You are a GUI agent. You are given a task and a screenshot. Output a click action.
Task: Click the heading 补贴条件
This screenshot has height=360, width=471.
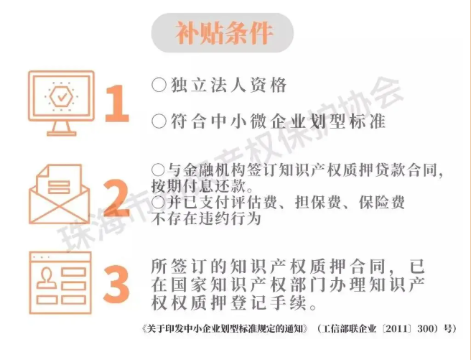tap(224, 33)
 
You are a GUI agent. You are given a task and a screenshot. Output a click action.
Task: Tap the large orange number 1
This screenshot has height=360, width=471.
tap(117, 103)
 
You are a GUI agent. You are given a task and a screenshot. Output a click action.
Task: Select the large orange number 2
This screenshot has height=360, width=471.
tap(116, 198)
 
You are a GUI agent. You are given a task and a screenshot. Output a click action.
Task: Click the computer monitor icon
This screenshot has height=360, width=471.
tap(61, 103)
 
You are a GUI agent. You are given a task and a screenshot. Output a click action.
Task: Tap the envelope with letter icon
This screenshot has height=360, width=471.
tap(60, 194)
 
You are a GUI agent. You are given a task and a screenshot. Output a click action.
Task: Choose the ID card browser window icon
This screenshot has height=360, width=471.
tap(60, 283)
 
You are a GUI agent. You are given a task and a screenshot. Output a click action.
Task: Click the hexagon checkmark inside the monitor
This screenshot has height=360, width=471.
tap(62, 96)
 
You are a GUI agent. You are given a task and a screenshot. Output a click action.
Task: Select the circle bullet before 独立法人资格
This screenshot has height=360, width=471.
tap(159, 85)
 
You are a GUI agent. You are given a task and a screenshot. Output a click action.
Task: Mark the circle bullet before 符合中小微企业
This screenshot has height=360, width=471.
tap(159, 121)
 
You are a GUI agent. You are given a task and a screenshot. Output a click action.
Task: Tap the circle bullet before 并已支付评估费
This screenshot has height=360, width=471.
tap(158, 202)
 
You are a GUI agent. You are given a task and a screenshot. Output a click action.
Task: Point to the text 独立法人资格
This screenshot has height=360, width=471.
tap(228, 85)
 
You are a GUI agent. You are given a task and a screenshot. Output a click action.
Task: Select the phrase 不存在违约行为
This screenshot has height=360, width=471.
tap(206, 218)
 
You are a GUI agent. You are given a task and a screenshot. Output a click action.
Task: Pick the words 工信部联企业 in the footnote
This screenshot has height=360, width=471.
tap(349, 328)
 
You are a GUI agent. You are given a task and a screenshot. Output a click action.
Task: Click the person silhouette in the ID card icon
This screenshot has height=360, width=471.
tap(47, 278)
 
